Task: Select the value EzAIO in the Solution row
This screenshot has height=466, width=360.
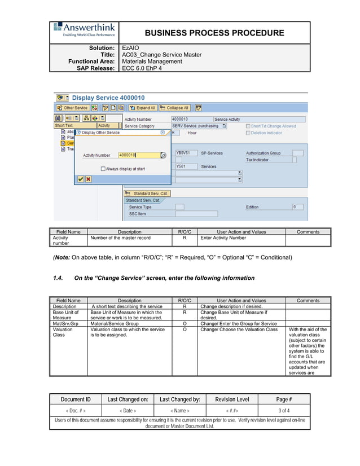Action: point(131,49)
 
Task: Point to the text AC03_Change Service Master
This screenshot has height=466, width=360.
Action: point(162,55)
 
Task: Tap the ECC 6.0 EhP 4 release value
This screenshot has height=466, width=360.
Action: point(142,68)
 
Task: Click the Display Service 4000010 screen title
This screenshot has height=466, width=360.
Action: point(108,98)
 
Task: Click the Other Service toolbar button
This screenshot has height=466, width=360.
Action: point(72,108)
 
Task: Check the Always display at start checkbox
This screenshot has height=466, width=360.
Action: point(103,169)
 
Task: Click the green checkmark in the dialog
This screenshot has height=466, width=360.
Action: point(81,179)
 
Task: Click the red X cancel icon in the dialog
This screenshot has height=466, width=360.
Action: point(88,179)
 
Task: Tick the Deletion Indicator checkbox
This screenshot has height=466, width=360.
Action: point(248,133)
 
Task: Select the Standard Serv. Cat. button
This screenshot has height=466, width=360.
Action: point(147,194)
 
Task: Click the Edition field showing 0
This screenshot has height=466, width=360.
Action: point(297,207)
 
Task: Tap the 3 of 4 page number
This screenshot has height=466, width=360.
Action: point(284,411)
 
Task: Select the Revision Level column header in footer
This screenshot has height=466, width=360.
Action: point(232,399)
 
